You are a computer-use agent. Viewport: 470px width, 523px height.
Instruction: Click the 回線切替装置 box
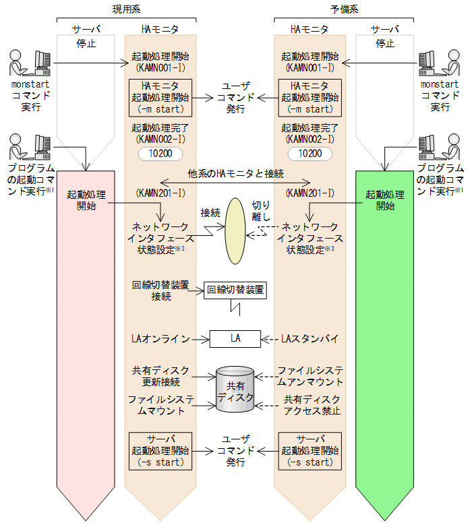tap(235, 290)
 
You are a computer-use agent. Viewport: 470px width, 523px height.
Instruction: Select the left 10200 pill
tap(160, 154)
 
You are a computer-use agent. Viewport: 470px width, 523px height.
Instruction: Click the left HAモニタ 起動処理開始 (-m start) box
tap(160, 97)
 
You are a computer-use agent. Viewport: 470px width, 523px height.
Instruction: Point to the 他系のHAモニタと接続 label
tap(235, 173)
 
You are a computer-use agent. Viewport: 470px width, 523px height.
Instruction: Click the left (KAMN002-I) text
tap(160, 138)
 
